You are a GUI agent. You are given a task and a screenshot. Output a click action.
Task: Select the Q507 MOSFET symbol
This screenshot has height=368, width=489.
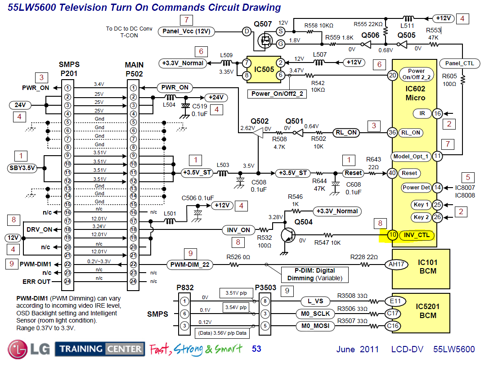tap(265, 41)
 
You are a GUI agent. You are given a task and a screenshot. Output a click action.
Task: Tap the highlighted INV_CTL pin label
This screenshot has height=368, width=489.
tap(417, 235)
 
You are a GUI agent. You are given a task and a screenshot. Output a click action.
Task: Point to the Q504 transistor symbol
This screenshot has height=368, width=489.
tap(287, 233)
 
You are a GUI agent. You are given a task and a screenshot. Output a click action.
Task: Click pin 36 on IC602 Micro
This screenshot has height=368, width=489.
tap(393, 132)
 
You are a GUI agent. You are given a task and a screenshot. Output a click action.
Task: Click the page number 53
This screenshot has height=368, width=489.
tap(256, 349)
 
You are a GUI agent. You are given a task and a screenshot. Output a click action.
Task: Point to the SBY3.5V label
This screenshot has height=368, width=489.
tap(22, 168)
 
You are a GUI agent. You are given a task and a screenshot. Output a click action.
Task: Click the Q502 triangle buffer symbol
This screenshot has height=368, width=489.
tap(258, 134)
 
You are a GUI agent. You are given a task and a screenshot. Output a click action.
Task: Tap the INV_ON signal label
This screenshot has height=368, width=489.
tap(238, 230)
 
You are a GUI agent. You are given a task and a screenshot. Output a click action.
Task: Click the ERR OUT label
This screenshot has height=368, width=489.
tap(36, 282)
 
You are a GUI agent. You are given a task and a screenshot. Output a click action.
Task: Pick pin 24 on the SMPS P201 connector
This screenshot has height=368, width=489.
tap(67, 282)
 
